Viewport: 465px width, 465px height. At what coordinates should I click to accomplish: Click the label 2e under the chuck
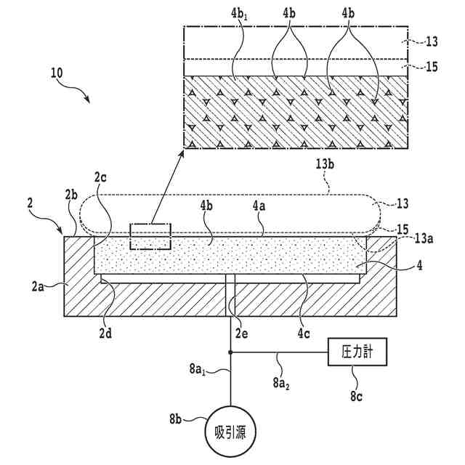pos(243,336)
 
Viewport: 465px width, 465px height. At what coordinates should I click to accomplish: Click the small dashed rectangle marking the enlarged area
pos(150,237)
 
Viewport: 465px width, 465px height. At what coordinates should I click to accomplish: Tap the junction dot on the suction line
pos(230,353)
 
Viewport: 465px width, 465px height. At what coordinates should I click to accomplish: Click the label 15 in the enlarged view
pos(429,67)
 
